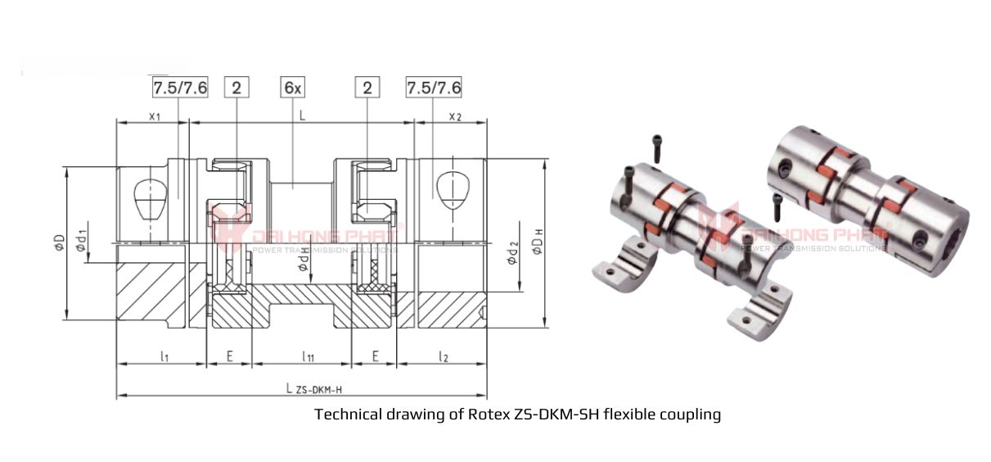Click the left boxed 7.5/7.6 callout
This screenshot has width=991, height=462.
click(x=179, y=88)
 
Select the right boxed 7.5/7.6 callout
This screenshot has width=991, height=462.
click(x=435, y=88)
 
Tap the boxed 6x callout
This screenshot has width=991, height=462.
click(x=293, y=88)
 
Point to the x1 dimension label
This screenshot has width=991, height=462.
click(x=153, y=116)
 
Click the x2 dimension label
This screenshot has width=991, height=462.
click(x=455, y=116)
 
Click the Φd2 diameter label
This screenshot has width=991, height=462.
click(x=511, y=253)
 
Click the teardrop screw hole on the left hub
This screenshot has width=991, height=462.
click(x=148, y=197)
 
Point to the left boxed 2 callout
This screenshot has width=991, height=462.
click(x=236, y=88)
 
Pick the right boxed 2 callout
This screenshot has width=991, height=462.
click(x=367, y=88)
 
